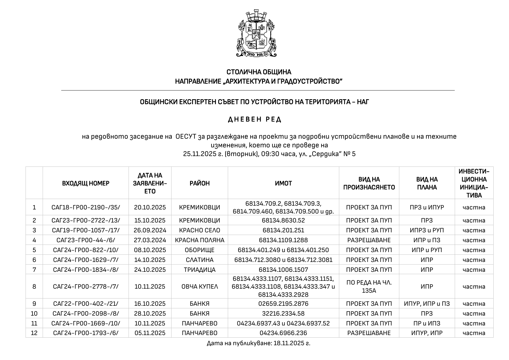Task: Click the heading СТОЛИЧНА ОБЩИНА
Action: (259, 72)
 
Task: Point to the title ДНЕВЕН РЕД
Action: (255, 120)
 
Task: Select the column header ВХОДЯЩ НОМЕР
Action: (86, 183)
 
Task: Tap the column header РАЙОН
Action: (200, 183)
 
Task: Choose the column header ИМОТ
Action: (283, 183)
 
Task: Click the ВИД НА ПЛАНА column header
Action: (427, 183)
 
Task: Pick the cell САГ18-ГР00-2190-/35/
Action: (86, 207)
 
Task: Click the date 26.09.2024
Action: (150, 230)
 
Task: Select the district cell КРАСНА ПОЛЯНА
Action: (200, 240)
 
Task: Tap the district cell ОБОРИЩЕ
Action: (200, 250)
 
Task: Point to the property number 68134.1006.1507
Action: (283, 270)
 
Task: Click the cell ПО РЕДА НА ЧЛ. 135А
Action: (369, 286)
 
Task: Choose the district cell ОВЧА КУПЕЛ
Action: (200, 287)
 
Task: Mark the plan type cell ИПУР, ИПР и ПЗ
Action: (427, 304)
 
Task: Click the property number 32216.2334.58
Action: (283, 314)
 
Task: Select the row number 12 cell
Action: (34, 333)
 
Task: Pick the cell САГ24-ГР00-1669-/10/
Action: (86, 323)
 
